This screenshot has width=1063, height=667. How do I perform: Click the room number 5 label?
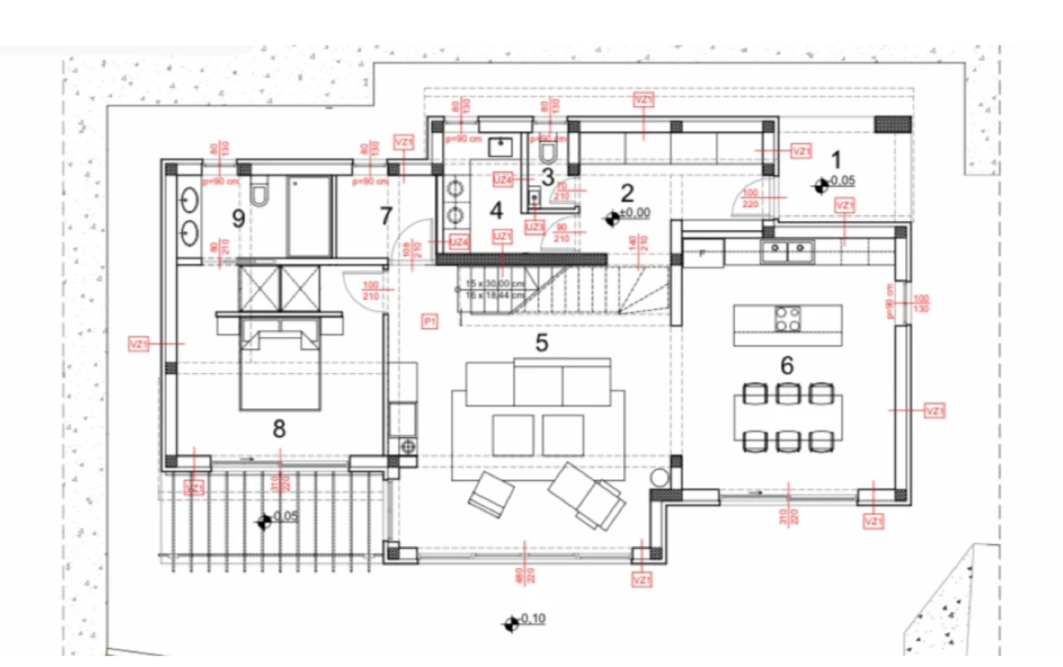(541, 342)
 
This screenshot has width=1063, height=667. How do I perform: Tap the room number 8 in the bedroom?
(279, 429)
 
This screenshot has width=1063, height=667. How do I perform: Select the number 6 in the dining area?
(786, 365)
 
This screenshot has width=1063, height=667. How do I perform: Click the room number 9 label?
(238, 219)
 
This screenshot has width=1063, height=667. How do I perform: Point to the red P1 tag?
(429, 321)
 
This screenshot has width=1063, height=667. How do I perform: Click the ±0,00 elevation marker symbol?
(613, 218)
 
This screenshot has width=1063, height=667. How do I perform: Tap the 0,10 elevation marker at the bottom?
(511, 623)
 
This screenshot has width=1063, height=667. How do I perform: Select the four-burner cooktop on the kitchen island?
(787, 319)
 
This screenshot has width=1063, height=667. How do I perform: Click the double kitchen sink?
(787, 248)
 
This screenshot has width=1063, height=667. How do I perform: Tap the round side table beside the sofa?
(660, 478)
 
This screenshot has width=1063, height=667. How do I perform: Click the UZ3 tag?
(534, 226)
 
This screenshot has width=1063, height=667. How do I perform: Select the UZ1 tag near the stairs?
(502, 237)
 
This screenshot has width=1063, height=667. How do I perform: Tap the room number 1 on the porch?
(836, 159)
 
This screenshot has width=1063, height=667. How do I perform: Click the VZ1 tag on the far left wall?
(139, 343)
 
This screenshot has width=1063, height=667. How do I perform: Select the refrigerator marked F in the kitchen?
(703, 253)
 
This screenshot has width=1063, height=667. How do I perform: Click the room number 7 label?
(385, 216)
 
